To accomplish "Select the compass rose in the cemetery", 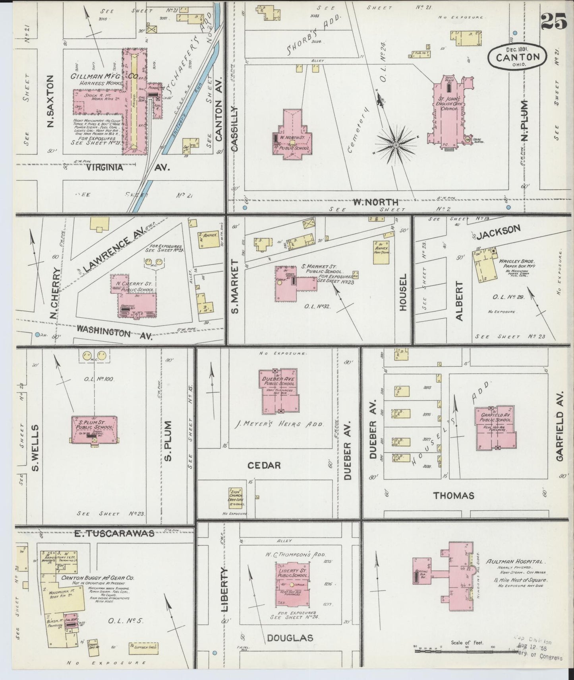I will point(395,146).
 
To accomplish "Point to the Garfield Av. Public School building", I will point(495,428).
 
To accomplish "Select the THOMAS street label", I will point(454,495).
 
